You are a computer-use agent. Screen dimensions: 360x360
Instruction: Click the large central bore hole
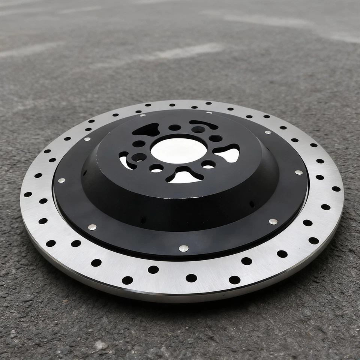pyautogui.click(x=178, y=150)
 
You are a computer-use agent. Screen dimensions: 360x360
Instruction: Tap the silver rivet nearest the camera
pyautogui.click(x=183, y=248)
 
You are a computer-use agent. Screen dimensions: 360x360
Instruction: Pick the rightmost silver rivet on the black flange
pyautogui.click(x=299, y=172)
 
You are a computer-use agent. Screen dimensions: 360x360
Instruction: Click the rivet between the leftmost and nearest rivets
pyautogui.click(x=92, y=227)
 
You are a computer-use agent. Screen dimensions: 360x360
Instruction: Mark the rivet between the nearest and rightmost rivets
pyautogui.click(x=273, y=221)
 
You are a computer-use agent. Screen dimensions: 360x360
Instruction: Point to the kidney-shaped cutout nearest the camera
pyautogui.click(x=184, y=175)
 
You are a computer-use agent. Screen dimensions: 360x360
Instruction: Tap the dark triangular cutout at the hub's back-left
pyautogui.click(x=148, y=130)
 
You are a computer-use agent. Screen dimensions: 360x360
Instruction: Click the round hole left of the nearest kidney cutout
pyautogui.click(x=156, y=168)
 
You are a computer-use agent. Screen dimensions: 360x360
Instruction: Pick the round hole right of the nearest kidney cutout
pyautogui.click(x=208, y=164)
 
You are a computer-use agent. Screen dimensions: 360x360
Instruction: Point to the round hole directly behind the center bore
pyautogui.click(x=175, y=127)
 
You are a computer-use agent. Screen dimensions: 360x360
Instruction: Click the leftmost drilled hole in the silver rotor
pyautogui.click(x=28, y=194)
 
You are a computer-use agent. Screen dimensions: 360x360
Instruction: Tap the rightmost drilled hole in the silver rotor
pyautogui.click(x=336, y=189)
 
